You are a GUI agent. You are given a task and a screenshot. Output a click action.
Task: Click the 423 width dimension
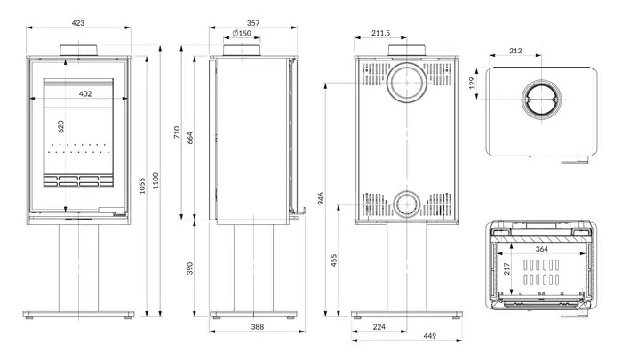click(78, 23)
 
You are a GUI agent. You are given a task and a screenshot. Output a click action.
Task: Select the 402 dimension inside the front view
click(85, 93)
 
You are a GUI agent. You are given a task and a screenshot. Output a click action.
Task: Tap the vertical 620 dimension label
click(60, 126)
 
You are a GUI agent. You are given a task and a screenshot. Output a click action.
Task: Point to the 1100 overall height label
click(155, 180)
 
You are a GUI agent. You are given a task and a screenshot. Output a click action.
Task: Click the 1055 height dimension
click(142, 186)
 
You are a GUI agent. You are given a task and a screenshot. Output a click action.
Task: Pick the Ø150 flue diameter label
click(242, 34)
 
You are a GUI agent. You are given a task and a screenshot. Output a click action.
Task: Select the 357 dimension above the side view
click(253, 23)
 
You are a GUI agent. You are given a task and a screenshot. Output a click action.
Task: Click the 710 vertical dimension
click(177, 132)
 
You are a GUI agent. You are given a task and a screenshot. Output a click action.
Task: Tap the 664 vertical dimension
click(190, 138)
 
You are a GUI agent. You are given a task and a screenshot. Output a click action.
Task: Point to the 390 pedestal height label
click(190, 268)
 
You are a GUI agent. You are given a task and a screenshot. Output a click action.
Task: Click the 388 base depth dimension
click(258, 327)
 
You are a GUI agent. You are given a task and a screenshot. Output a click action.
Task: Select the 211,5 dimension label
click(381, 33)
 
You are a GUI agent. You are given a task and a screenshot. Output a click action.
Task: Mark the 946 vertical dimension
click(321, 198)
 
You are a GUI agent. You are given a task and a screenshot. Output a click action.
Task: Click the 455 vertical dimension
click(333, 260)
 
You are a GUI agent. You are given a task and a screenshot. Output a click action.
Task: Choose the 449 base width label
click(429, 336)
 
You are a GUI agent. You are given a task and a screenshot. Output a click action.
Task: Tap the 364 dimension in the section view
click(541, 249)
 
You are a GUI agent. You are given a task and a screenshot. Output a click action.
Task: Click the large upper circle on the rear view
click(407, 63)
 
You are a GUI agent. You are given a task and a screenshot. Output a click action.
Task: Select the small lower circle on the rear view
click(407, 191)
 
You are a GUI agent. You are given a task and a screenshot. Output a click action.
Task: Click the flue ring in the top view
click(541, 81)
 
